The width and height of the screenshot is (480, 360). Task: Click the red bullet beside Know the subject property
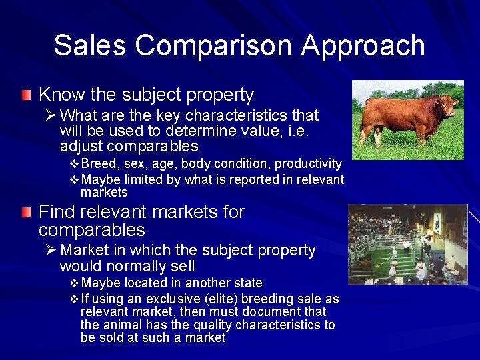point(26,95)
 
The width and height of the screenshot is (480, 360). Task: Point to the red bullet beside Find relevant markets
point(26,213)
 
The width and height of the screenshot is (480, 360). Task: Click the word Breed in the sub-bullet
point(98,164)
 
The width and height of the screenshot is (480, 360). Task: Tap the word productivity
point(309,164)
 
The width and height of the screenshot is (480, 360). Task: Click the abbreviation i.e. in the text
point(299,131)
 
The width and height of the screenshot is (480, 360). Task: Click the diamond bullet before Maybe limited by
point(74,179)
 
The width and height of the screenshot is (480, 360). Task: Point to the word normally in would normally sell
point(131,267)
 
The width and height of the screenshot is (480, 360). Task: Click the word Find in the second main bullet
point(54,213)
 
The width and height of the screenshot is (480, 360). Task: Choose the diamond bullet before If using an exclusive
point(74,299)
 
